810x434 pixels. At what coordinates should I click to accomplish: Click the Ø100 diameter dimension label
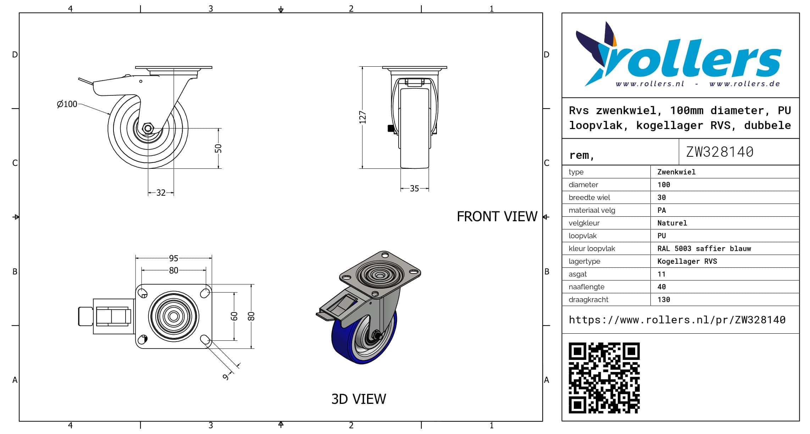[67, 104]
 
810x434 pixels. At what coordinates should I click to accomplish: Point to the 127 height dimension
[362, 117]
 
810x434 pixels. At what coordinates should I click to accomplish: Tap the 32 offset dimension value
[161, 193]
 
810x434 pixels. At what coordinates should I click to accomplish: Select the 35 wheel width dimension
[414, 189]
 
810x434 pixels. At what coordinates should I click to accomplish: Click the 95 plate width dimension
[173, 258]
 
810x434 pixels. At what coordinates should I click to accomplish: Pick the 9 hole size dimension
[226, 377]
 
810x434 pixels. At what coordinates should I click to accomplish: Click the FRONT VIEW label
[497, 216]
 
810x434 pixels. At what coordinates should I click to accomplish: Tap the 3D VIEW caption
[359, 399]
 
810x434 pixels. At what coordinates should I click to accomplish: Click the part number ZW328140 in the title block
[720, 152]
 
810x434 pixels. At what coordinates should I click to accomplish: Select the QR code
[604, 378]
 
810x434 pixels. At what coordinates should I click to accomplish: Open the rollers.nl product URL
[677, 320]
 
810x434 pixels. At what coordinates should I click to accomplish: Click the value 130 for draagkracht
[664, 300]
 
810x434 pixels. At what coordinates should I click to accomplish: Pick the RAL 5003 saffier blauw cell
[704, 249]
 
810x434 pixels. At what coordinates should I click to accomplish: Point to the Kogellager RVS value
[687, 261]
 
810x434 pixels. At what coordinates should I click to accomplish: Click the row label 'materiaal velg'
[592, 210]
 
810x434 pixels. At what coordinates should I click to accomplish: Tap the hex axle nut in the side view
[148, 128]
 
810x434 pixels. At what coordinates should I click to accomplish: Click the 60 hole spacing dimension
[234, 316]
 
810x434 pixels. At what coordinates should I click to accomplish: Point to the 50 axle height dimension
[218, 148]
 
